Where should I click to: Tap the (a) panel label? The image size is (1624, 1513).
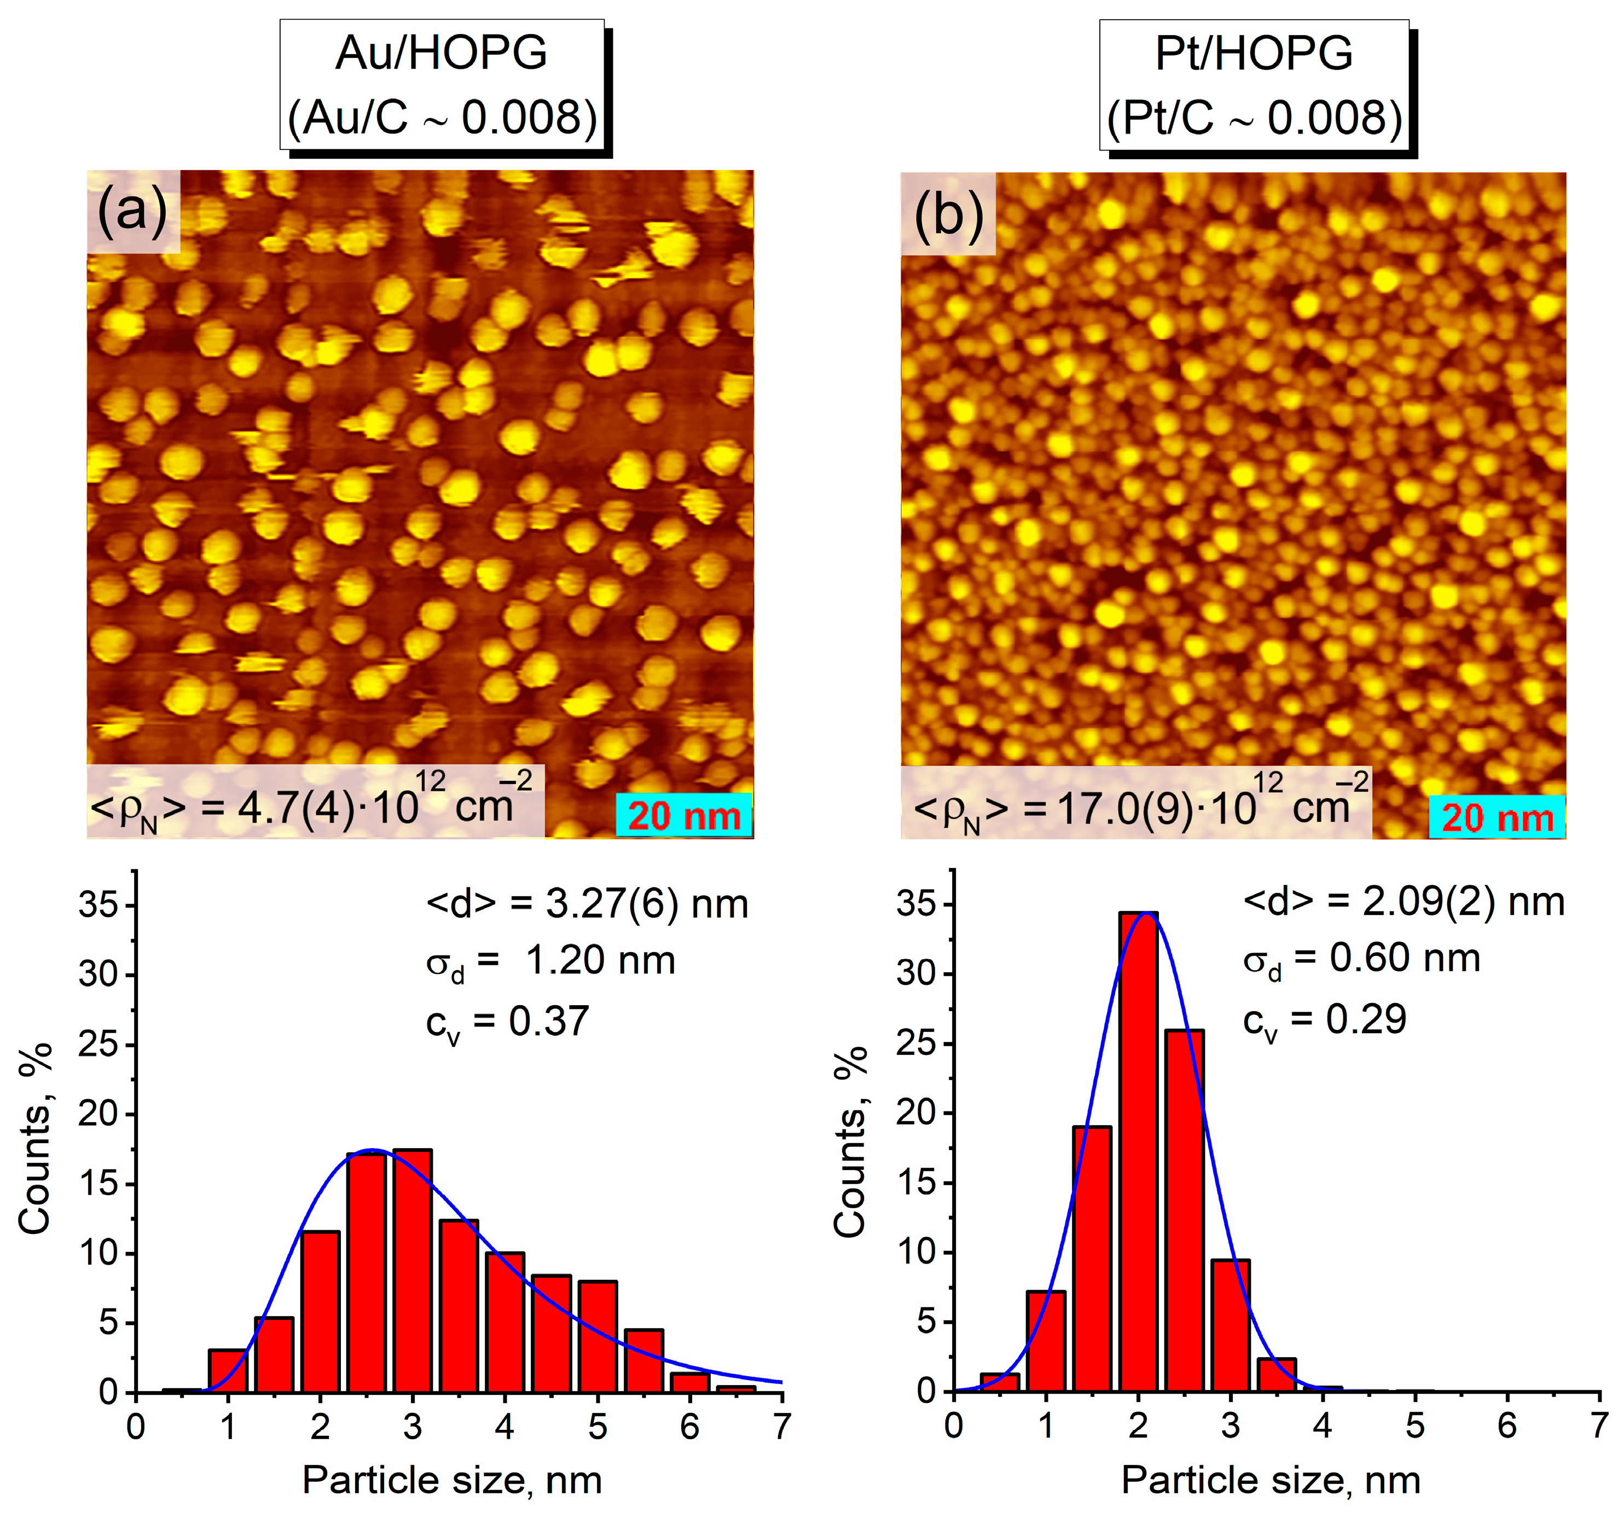click(x=132, y=211)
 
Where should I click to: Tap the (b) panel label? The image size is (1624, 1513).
click(x=948, y=214)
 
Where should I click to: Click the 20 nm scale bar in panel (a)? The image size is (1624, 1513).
click(x=684, y=815)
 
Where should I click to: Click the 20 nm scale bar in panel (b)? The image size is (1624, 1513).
click(x=1497, y=817)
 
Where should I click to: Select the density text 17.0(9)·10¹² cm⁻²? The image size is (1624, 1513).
click(x=1135, y=805)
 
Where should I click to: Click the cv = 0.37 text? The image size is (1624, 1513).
click(x=507, y=1023)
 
